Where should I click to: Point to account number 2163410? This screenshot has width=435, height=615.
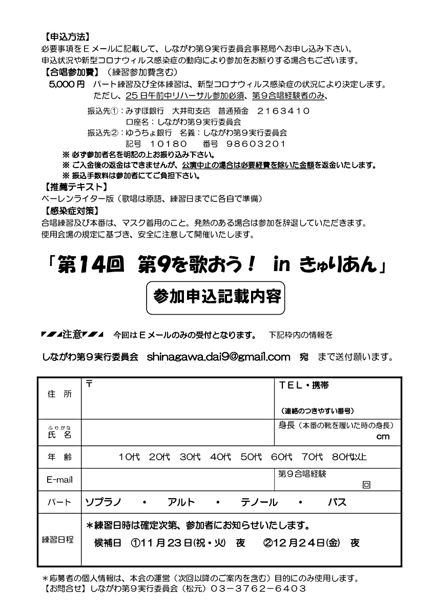click(x=283, y=110)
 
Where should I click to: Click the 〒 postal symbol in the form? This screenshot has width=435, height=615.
click(x=89, y=384)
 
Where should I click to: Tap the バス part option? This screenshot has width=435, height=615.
click(x=337, y=502)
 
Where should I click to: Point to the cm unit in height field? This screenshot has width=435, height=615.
click(x=382, y=437)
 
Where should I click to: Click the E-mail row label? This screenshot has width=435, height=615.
click(x=59, y=480)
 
